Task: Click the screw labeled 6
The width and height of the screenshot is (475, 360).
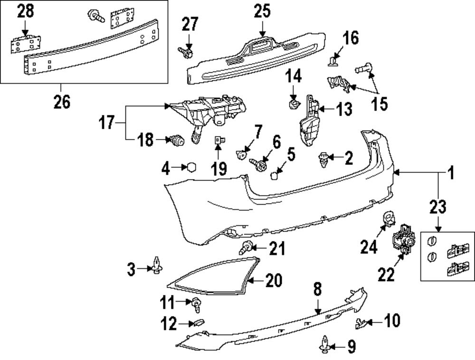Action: pos(259,164)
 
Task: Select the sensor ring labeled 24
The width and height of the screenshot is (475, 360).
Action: pos(389,218)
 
